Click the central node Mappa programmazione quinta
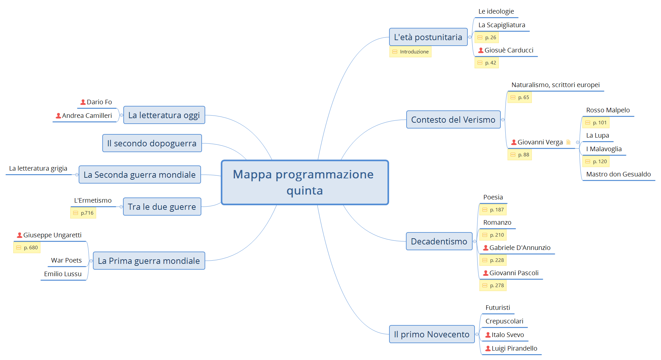(304, 182)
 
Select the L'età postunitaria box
(428, 37)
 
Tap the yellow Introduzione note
(410, 52)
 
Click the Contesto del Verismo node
(453, 120)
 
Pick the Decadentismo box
(439, 242)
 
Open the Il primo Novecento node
(431, 334)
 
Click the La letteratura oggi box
(164, 115)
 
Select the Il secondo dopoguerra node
(152, 143)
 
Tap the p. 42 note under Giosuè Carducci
(487, 63)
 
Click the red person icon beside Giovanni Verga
(514, 142)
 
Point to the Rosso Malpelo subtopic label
(608, 110)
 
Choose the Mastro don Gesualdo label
(618, 174)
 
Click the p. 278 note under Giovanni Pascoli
(493, 286)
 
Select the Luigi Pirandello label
(514, 349)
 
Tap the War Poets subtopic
(66, 261)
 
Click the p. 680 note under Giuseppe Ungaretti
(27, 248)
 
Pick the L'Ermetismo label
(93, 201)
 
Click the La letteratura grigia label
(38, 169)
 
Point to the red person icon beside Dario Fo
(83, 102)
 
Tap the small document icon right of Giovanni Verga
(568, 142)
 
